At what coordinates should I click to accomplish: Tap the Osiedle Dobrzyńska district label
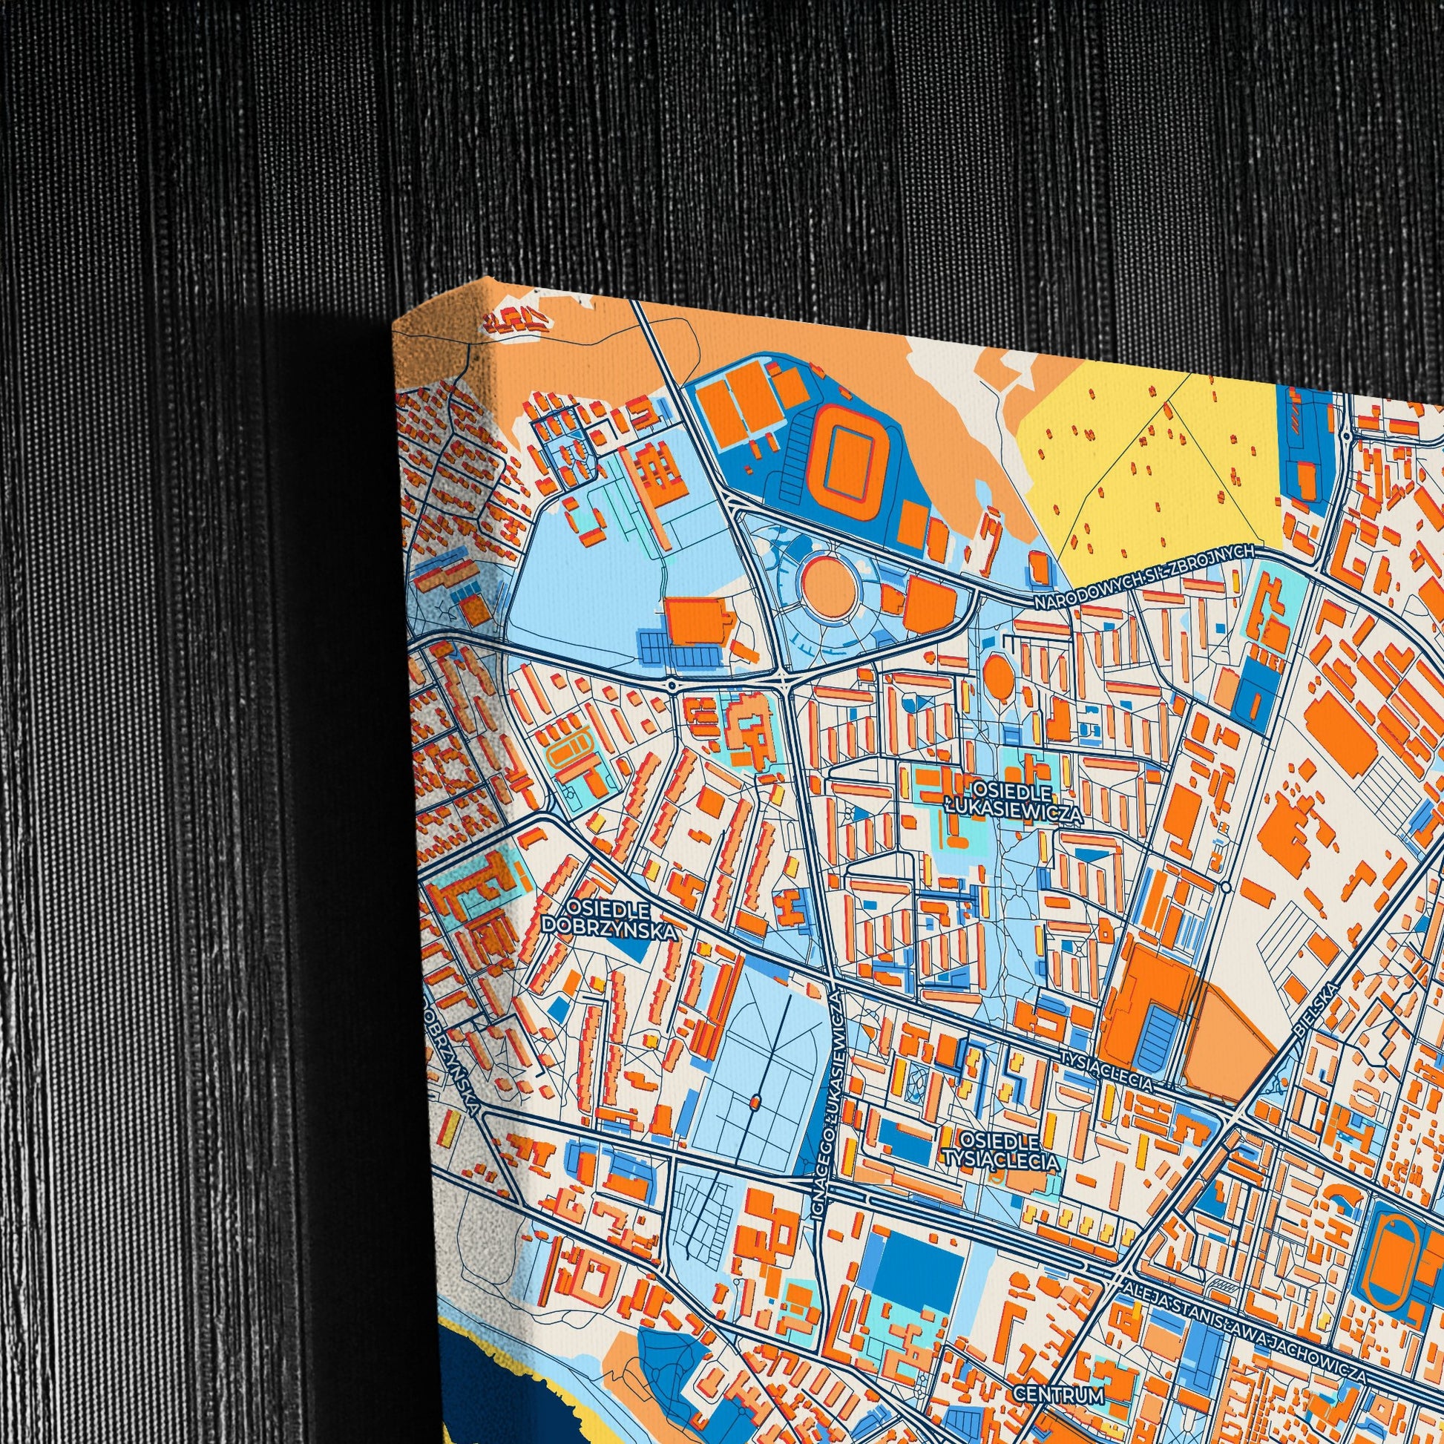click(610, 919)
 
